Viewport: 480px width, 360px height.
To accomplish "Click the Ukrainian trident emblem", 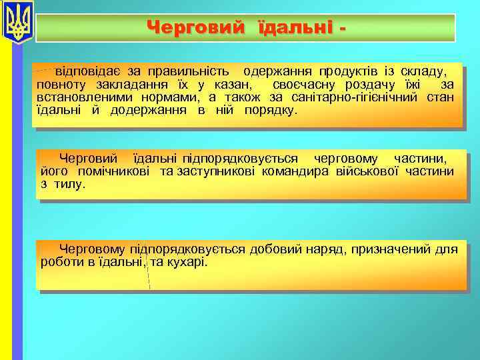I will (x=17, y=23).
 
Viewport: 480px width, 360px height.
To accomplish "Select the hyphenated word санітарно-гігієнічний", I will (x=364, y=97).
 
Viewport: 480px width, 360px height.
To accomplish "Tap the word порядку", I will (x=269, y=111).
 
